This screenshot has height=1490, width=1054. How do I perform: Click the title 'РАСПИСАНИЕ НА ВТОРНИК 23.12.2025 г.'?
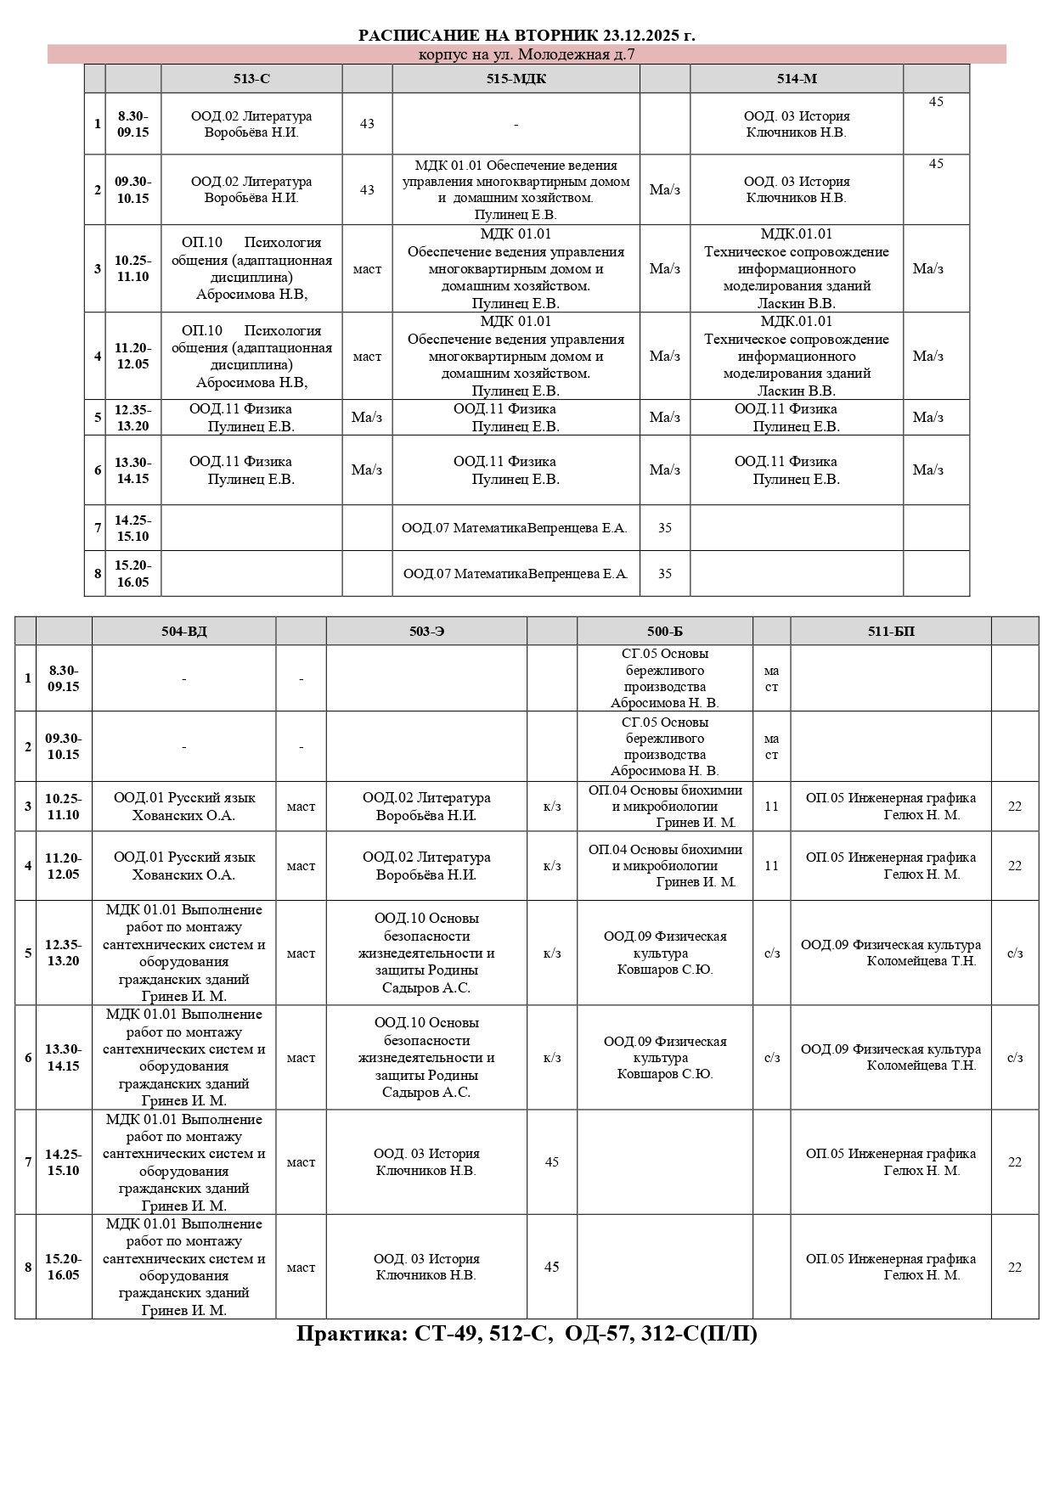(x=527, y=35)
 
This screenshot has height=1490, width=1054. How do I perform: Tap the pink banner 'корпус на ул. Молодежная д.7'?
(x=527, y=54)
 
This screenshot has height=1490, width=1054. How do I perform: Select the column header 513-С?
(x=251, y=79)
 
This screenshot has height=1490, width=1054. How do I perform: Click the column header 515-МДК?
(x=516, y=79)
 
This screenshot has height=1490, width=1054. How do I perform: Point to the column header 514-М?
(x=796, y=79)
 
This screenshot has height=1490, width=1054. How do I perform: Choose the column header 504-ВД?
(x=183, y=632)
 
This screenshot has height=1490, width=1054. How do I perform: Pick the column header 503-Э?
(x=426, y=632)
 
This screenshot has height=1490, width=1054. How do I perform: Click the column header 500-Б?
(x=664, y=632)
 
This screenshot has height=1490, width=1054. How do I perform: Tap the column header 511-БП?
(x=891, y=632)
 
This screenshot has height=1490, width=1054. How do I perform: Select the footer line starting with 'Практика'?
(x=527, y=1334)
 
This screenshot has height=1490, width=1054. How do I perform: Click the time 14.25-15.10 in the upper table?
(x=132, y=528)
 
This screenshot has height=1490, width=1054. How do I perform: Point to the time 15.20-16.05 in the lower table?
(x=64, y=1267)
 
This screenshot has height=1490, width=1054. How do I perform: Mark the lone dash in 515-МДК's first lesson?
(x=516, y=124)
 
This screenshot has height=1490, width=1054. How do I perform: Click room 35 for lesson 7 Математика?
(x=664, y=528)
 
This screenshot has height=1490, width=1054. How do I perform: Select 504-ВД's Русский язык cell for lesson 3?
(x=183, y=807)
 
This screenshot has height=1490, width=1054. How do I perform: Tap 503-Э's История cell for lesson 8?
(x=426, y=1267)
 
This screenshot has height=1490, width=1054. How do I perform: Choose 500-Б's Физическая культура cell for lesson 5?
(x=664, y=953)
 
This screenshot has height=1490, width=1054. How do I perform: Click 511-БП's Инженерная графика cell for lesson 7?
(x=891, y=1162)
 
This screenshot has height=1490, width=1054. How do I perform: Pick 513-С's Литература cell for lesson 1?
(x=251, y=124)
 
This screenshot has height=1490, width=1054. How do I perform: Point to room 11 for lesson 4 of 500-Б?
(x=771, y=866)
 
